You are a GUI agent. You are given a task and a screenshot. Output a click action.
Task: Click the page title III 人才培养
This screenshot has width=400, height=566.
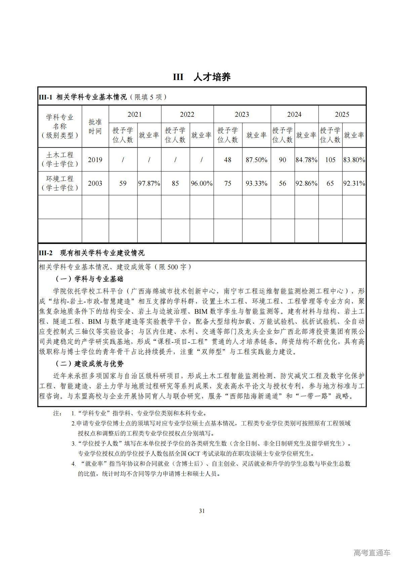pos(202,77)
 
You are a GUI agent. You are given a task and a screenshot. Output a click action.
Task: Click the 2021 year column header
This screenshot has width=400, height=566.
pos(134,114)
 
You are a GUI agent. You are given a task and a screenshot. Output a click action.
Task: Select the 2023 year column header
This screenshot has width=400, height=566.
pos(242,114)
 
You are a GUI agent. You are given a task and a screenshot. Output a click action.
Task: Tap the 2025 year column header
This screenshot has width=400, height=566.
pos(342,114)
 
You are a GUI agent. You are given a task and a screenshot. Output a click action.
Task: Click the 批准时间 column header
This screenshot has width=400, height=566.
pos(95,126)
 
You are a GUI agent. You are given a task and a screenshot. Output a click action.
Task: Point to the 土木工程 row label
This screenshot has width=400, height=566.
pos(60,159)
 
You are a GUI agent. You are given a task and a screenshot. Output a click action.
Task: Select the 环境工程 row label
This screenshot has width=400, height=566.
pos(60,183)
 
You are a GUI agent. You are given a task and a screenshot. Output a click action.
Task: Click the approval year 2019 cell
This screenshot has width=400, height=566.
pos(95,160)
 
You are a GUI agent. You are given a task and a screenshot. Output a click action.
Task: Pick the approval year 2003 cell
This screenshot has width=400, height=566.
pos(95,183)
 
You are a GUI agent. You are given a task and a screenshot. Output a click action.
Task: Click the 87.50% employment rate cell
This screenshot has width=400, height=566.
pos(256,160)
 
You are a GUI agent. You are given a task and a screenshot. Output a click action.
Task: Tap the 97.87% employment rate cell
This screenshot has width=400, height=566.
pos(149,183)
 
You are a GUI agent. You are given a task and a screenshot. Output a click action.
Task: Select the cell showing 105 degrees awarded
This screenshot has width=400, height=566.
pos(330,160)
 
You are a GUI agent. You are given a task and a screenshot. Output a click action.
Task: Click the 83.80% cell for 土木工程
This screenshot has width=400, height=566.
pos(354,160)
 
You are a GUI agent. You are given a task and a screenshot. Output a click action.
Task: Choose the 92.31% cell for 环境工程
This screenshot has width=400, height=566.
pos(354,183)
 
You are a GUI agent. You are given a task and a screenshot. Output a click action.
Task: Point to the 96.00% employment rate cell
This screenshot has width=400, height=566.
pos(201,183)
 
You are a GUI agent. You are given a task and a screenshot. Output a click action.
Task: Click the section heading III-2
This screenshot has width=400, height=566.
pos(91,253)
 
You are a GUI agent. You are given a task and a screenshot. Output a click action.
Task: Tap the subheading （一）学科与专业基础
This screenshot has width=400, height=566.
pos(89,279)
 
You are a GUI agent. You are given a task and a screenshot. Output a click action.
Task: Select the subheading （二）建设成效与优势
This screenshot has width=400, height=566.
pos(89,364)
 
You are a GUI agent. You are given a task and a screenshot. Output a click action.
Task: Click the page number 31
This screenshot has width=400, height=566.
pos(202,511)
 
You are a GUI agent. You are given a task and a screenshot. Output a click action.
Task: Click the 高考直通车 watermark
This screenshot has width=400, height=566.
pos(372,553)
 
